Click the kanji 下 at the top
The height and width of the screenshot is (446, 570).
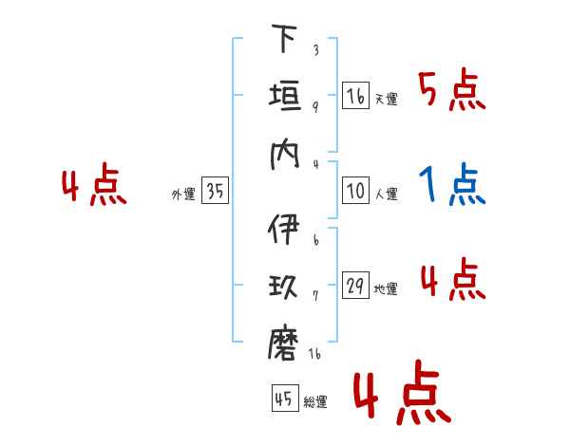coord(284,38)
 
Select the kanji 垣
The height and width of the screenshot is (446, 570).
coord(285,96)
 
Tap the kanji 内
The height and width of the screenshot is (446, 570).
coord(284,155)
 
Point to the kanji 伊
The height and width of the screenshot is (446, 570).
coord(283,229)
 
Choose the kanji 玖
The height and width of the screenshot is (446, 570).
coord(283,286)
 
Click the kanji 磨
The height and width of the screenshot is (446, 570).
coord(283,344)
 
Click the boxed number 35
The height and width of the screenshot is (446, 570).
coord(215,190)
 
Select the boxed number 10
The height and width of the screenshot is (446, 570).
coord(355,190)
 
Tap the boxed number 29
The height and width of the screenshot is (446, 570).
coord(355,285)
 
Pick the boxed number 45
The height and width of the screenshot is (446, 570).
coord(285,398)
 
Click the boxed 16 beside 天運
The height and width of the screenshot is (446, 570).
coord(355,95)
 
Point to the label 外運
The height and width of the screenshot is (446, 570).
coord(183,195)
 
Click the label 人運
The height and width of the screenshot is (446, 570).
coord(387,194)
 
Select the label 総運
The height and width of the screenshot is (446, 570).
coord(315,402)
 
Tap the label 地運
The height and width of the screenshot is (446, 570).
coord(386,289)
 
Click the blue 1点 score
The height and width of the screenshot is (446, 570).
coord(452,184)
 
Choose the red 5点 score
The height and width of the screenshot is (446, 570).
coord(452,89)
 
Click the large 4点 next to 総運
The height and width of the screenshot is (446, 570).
coord(402,392)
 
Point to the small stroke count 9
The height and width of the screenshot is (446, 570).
coord(315,106)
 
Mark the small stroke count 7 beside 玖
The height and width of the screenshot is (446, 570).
coord(315,296)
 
